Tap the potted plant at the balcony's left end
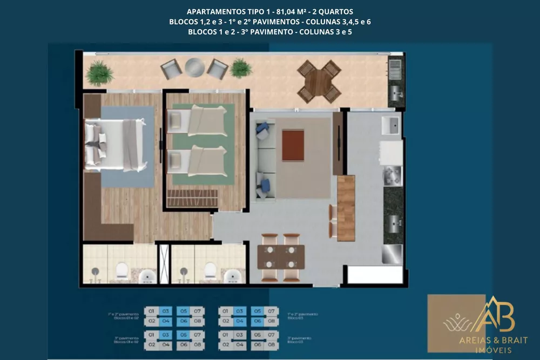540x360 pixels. coord(99,72)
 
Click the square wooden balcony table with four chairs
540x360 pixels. coord(319,81)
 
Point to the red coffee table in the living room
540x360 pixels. coord(293,145)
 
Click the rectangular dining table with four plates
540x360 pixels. coord(276,257)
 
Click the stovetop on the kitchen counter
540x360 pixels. coord(392,175)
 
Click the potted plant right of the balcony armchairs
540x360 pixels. coord(240,68)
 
